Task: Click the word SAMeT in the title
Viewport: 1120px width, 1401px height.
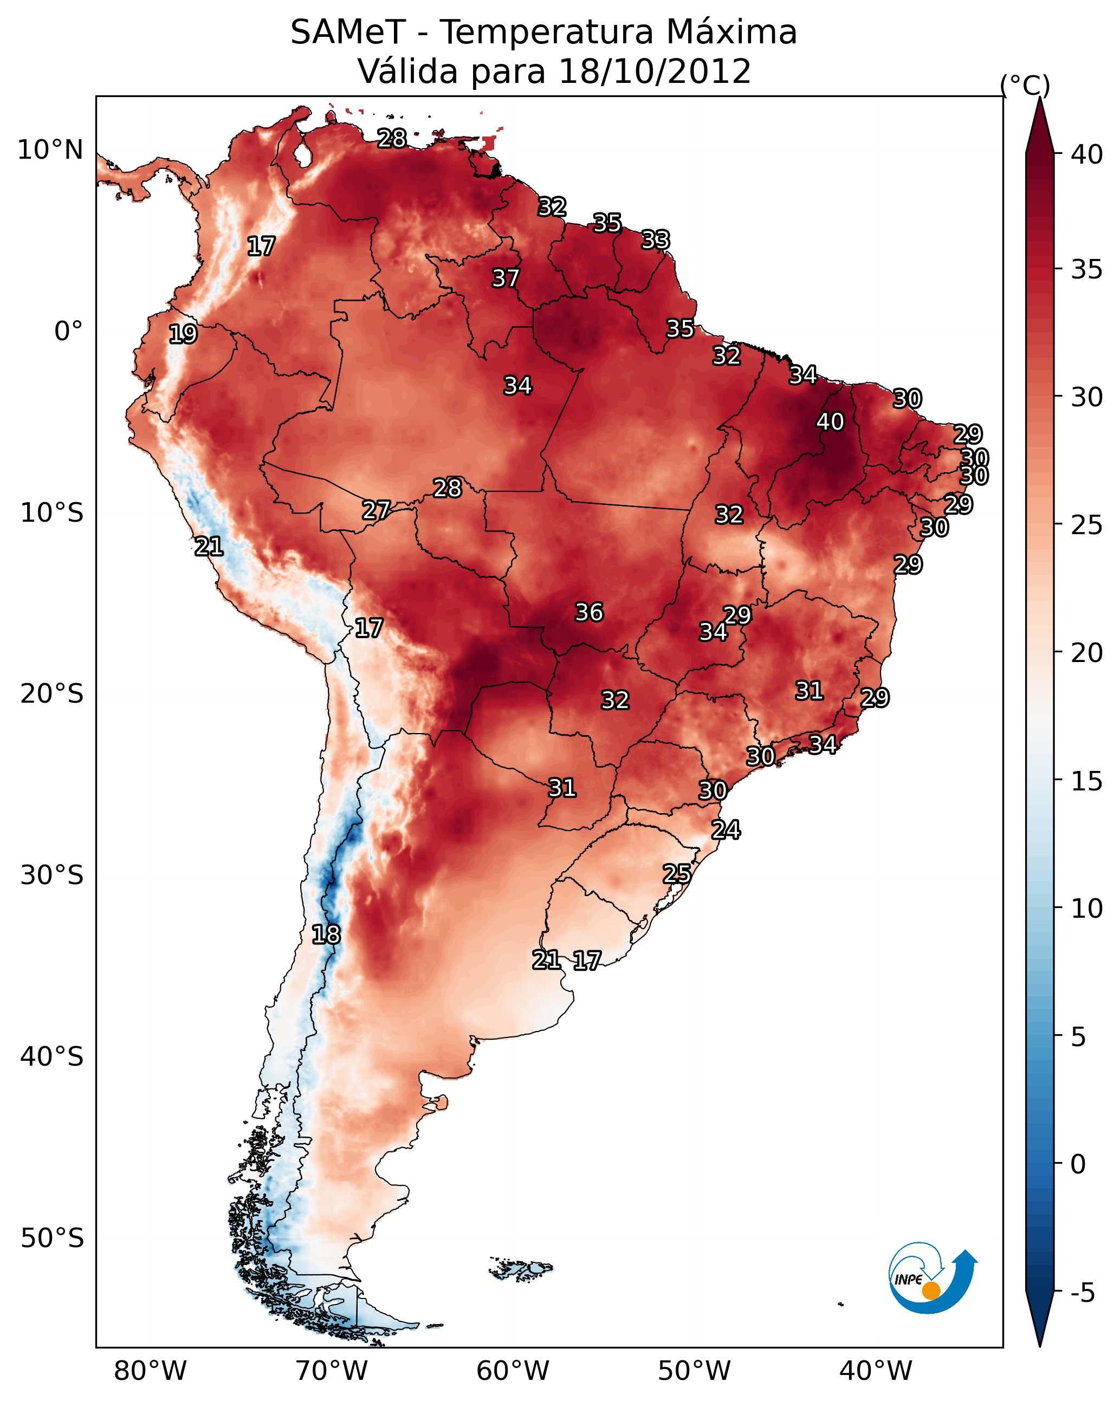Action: (x=348, y=33)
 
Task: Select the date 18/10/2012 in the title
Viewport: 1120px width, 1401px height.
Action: (x=655, y=72)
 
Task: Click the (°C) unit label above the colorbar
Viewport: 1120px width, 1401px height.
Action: (x=1025, y=85)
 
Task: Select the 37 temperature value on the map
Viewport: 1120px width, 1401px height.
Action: (x=506, y=278)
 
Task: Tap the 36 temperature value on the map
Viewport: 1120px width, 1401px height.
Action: (x=590, y=612)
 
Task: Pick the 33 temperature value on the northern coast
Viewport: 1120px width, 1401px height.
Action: (x=655, y=240)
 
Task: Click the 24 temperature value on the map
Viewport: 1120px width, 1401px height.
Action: (x=726, y=830)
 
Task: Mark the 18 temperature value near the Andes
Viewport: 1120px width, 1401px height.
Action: (x=326, y=935)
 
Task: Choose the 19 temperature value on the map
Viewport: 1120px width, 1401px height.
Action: (x=183, y=334)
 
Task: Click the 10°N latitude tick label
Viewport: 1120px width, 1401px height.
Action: (x=50, y=150)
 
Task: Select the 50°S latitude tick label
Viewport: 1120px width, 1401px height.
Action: (x=52, y=1238)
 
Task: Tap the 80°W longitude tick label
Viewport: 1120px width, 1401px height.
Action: (x=150, y=1371)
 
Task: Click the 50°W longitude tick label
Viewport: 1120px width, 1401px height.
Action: (x=694, y=1371)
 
